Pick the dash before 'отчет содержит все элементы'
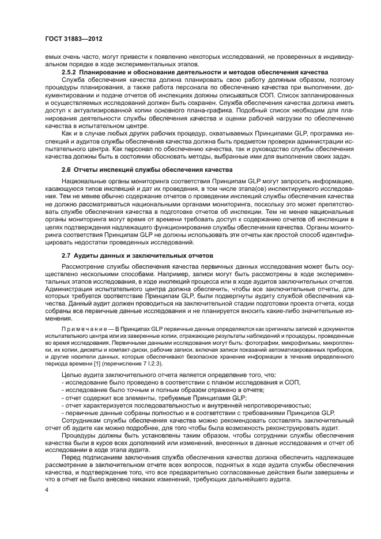[x=63, y=397]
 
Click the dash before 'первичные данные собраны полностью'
[x=63, y=412]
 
